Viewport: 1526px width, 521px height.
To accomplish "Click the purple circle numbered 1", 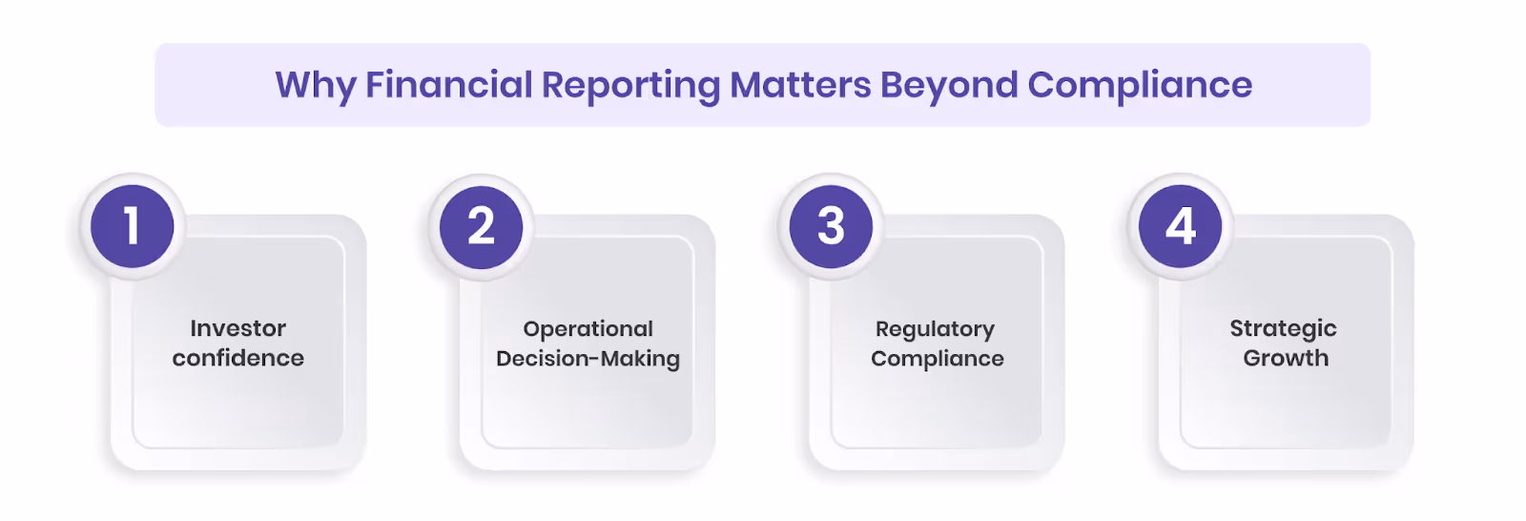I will pos(133,226).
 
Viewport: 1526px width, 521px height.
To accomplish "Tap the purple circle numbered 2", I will pos(482,226).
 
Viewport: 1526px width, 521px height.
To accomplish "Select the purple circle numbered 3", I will pos(831,226).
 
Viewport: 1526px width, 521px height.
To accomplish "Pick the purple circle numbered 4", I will pos(1181,226).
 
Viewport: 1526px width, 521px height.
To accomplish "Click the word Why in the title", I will pos(315,86).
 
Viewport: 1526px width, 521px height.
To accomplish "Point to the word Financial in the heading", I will pos(448,85).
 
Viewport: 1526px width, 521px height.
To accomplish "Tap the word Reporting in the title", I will pos(630,86).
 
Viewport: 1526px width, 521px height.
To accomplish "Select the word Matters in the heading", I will pos(800,85).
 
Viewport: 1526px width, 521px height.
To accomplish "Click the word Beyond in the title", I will pos(949,86).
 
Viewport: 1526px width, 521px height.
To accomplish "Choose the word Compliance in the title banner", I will pos(1140,86).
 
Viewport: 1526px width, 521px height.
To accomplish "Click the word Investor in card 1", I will pos(238,328).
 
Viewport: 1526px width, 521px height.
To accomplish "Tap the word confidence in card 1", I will pos(238,358).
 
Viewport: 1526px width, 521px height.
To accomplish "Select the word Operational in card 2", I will pos(588,329).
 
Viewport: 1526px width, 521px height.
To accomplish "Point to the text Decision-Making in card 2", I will pos(588,359).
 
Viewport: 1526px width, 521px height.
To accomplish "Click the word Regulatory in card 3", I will pos(936,329).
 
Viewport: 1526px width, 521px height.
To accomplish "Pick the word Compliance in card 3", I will pos(938,359).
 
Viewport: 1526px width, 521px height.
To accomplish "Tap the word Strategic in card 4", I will pos(1284,329).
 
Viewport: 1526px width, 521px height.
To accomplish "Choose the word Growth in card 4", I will pos(1286,358).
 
